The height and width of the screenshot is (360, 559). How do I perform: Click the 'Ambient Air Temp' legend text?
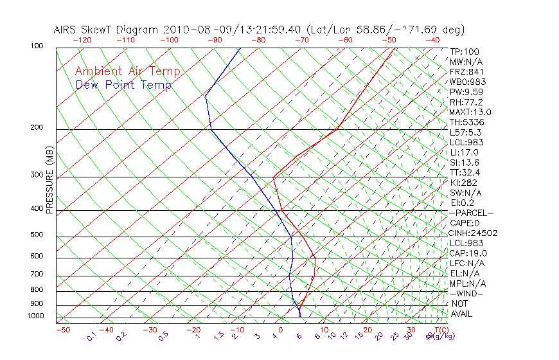pos(127,72)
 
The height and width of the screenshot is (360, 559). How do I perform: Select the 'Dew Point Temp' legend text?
pos(123,85)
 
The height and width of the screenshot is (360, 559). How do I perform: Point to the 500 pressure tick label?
pos(37,235)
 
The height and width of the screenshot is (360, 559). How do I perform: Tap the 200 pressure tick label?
pos(37,128)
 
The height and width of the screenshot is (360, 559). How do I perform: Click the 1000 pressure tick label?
pos(36,316)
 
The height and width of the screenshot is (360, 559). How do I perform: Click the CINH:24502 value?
pos(474,233)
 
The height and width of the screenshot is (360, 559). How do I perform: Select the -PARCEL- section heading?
pos(471,213)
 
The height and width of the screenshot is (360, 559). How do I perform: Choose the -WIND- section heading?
pos(466,293)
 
